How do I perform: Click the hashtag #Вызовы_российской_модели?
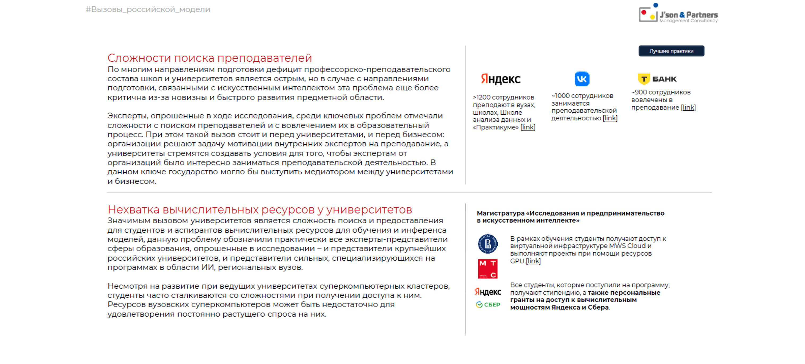click(x=148, y=9)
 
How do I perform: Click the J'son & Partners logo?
click(x=678, y=14)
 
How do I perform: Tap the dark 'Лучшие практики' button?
click(x=671, y=51)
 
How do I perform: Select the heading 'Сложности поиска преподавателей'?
click(x=210, y=58)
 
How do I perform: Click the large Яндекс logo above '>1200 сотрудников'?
click(x=500, y=79)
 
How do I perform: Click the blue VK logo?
click(x=582, y=79)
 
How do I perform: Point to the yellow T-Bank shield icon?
click(x=643, y=79)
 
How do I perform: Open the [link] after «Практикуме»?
click(x=527, y=127)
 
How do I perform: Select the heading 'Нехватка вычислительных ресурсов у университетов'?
click(x=260, y=210)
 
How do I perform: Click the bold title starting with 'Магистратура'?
click(x=570, y=216)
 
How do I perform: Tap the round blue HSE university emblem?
click(x=488, y=244)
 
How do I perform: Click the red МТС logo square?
click(x=488, y=269)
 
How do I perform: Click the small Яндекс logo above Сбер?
click(x=488, y=291)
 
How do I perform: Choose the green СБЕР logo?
click(x=488, y=305)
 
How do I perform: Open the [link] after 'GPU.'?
click(x=533, y=261)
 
